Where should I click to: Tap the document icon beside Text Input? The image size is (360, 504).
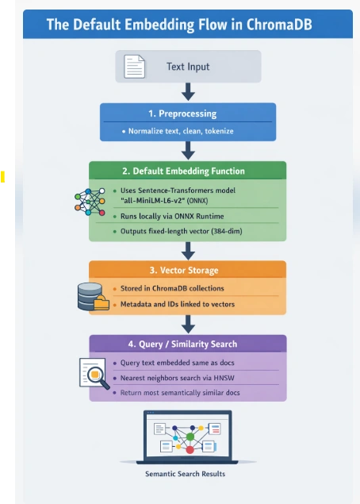(135, 67)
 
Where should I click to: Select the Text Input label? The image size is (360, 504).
(188, 67)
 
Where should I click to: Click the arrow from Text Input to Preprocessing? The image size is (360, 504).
(188, 92)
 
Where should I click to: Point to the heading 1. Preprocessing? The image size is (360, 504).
(182, 113)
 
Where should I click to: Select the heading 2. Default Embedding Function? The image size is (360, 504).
(183, 171)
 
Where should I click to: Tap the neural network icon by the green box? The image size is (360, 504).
(90, 202)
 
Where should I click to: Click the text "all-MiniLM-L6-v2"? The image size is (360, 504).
(152, 201)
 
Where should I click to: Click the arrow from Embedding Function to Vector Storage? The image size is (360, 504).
(188, 251)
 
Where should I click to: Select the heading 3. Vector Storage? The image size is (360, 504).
(184, 271)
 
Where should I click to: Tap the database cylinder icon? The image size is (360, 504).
(90, 296)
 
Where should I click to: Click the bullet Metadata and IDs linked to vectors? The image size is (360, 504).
(178, 304)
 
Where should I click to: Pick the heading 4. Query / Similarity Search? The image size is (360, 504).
(182, 344)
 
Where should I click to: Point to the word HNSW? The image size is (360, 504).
(224, 378)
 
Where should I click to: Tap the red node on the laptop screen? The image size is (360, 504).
(190, 450)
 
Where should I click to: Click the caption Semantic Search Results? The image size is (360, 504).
(186, 474)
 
